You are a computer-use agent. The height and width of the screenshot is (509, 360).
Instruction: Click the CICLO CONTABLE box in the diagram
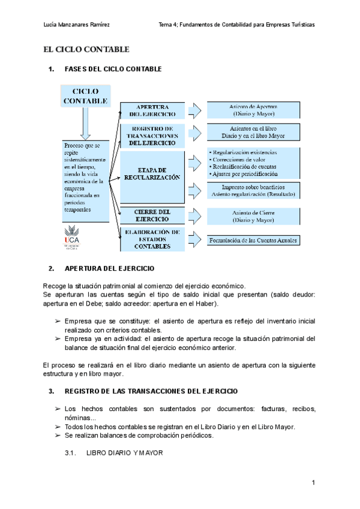point(86,96)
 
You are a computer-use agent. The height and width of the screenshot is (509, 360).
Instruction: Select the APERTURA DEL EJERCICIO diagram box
point(152,110)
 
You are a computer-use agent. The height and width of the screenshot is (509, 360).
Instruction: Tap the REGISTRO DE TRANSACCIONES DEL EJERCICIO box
point(152,136)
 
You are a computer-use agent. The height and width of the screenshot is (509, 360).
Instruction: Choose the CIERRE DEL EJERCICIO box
point(152,216)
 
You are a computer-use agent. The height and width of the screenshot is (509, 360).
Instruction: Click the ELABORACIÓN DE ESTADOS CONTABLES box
point(152,239)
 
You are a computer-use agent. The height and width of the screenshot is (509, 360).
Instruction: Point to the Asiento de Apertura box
point(253,110)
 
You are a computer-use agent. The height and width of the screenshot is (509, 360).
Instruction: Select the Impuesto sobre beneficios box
point(253,191)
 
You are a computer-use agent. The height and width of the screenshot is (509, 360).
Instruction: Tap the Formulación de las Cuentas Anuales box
point(253,240)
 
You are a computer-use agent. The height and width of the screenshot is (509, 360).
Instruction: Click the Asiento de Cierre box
point(253,216)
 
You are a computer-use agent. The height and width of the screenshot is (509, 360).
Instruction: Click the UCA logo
point(72,236)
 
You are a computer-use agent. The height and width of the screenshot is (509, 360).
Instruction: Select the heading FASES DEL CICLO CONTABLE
point(113,70)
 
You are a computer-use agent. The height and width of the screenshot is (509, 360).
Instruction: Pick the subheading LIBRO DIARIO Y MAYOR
point(125,453)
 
